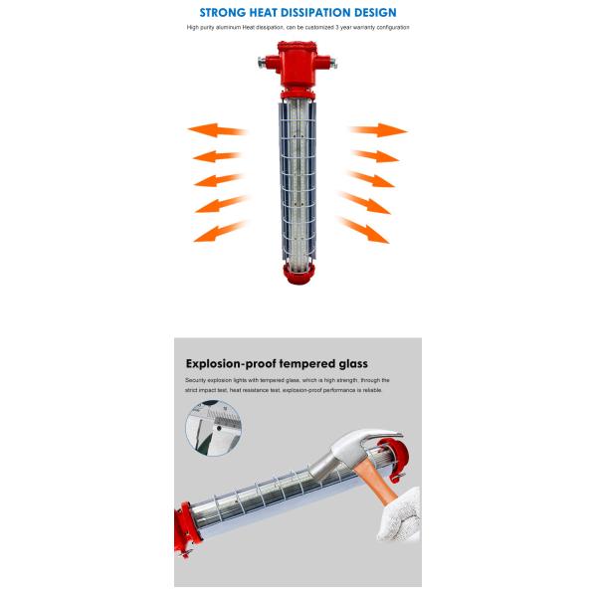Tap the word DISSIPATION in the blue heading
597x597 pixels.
click(x=319, y=13)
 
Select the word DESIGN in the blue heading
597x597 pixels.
click(x=375, y=13)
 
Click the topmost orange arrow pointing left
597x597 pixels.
click(x=217, y=130)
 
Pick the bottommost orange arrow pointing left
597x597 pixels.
click(x=220, y=232)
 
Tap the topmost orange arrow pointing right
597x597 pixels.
click(x=378, y=130)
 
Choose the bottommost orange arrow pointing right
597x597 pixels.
click(x=363, y=230)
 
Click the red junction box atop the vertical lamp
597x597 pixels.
click(x=298, y=65)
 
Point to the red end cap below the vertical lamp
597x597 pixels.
click(x=298, y=273)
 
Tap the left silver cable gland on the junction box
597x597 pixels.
click(x=261, y=62)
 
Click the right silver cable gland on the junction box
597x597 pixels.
click(x=333, y=63)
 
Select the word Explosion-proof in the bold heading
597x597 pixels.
click(x=231, y=364)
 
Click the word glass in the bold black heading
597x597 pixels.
click(x=353, y=364)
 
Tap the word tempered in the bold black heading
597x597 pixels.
click(x=307, y=364)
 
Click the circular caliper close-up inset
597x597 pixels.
click(x=214, y=428)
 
